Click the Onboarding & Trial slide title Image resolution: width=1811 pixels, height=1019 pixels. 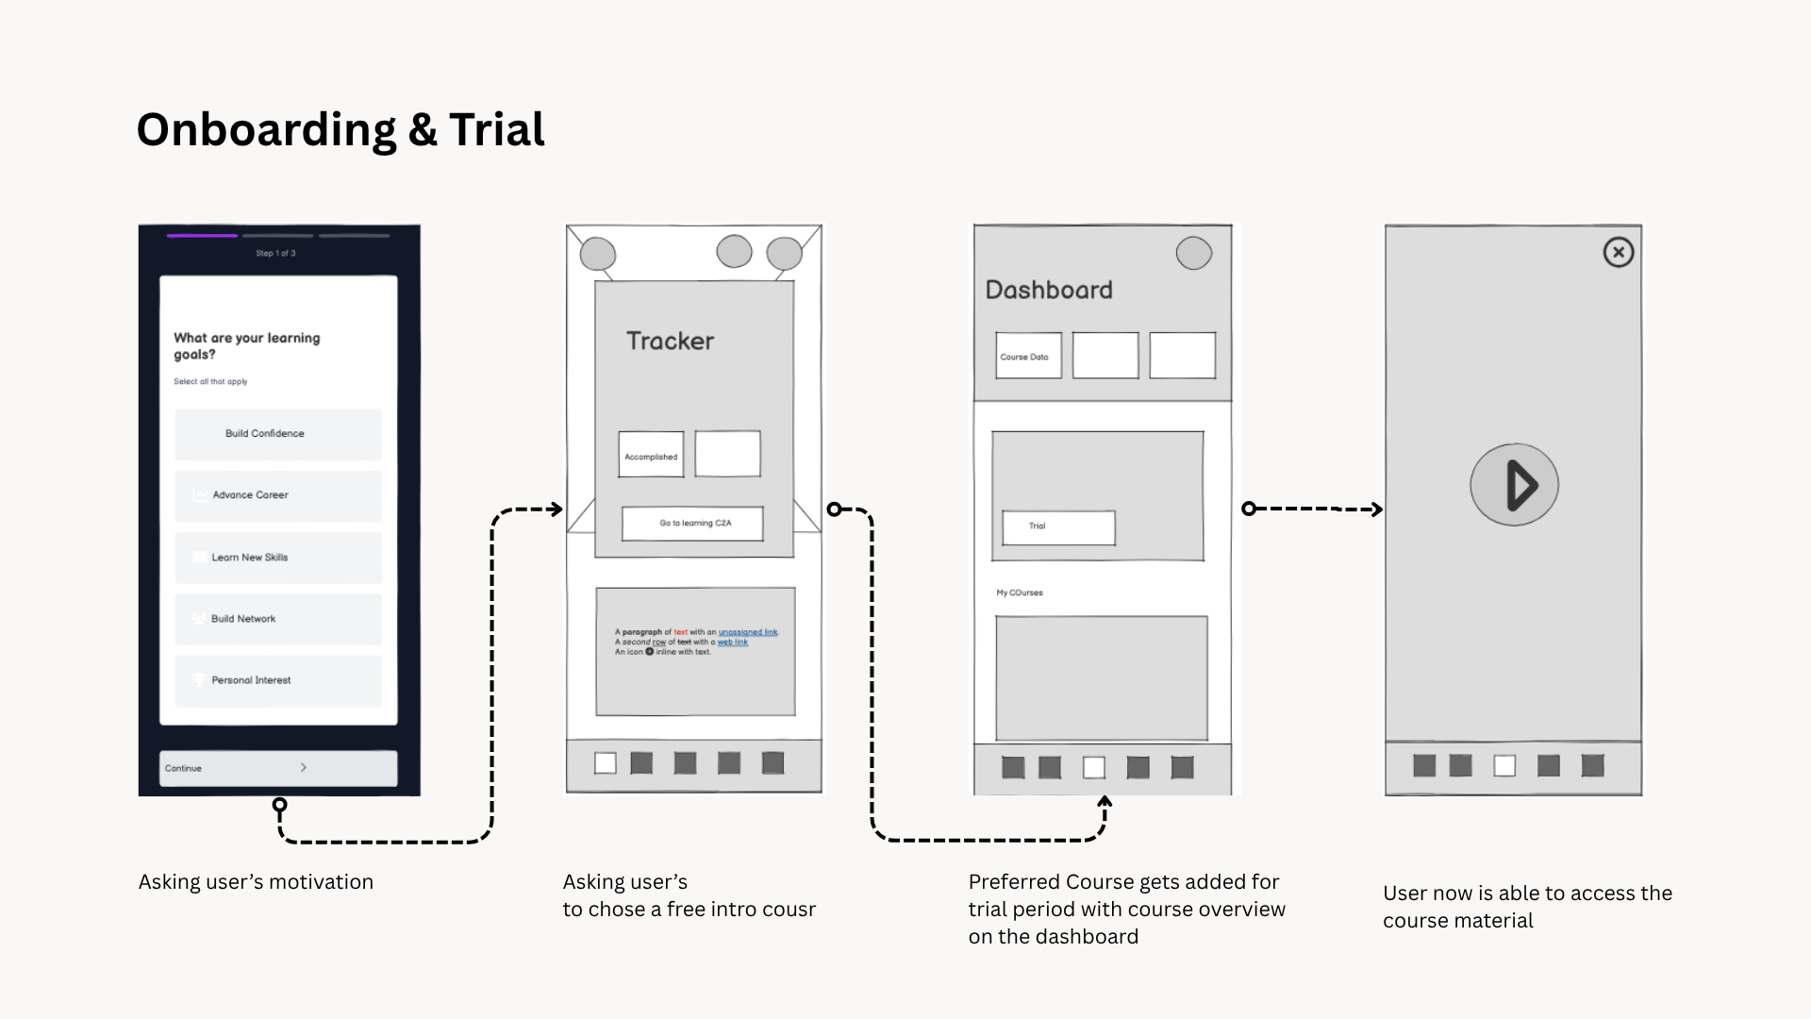click(341, 130)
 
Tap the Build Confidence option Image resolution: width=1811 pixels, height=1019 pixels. click(278, 434)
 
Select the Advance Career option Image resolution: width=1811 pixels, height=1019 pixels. click(278, 495)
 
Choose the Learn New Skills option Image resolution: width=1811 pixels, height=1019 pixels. click(278, 558)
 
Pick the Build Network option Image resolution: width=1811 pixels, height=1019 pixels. click(278, 619)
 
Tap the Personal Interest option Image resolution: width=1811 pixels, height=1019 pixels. click(278, 680)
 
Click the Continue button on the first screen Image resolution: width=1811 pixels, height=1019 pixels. click(278, 768)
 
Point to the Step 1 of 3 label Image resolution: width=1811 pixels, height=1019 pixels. click(275, 253)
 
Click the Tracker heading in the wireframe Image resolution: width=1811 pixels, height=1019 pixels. click(671, 342)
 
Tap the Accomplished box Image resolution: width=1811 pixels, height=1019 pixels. click(651, 456)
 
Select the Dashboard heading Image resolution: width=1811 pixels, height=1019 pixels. click(1049, 291)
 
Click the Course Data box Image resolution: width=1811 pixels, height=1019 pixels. click(1027, 357)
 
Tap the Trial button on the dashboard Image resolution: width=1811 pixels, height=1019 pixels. click(1058, 527)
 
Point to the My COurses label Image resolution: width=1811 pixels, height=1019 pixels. click(1020, 593)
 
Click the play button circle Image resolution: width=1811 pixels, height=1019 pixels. click(1514, 485)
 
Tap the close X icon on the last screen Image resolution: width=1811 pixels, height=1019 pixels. click(1619, 252)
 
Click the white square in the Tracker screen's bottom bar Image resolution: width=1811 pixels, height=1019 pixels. click(606, 763)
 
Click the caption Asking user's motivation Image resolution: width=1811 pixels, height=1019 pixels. click(256, 882)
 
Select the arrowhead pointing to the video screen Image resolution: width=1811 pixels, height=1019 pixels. click(1377, 509)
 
